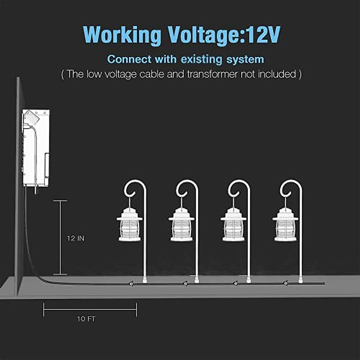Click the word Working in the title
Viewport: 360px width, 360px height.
point(122,35)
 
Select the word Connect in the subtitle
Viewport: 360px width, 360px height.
point(129,59)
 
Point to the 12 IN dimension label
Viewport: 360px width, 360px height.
point(76,238)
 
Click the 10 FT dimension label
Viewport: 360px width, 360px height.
point(86,319)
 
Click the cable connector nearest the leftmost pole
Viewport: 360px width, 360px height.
point(131,283)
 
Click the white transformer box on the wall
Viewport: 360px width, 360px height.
point(36,147)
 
